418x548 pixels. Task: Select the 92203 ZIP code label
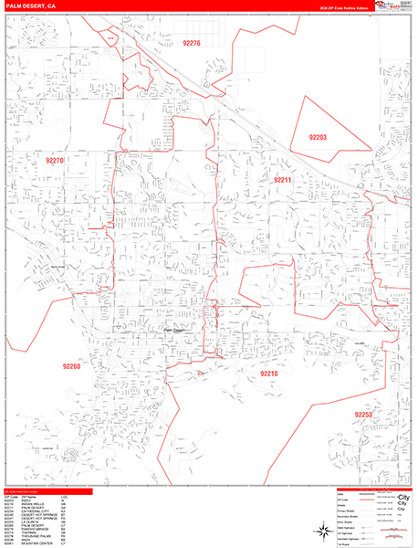pos(318,137)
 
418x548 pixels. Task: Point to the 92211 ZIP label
pos(282,180)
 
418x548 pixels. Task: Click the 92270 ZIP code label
pos(55,161)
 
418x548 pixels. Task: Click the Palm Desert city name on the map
pos(177,330)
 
